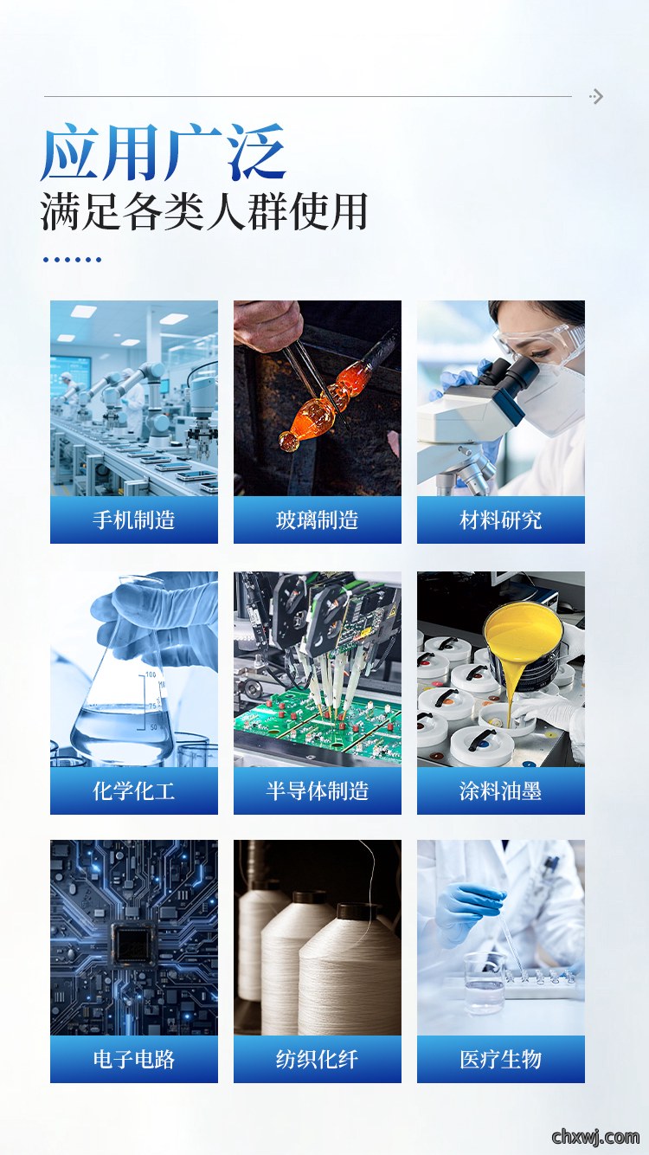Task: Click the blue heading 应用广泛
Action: click(x=164, y=152)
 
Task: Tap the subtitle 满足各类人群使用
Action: click(x=204, y=211)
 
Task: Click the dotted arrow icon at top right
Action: click(x=596, y=96)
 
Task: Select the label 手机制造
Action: click(x=134, y=519)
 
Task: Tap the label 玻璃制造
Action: click(x=317, y=519)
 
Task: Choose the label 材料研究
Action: click(x=500, y=519)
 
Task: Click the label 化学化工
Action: click(x=134, y=791)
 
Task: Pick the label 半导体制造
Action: click(x=317, y=791)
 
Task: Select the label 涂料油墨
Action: click(x=500, y=791)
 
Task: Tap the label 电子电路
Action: click(x=134, y=1060)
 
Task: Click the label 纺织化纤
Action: click(x=317, y=1060)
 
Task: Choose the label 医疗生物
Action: click(x=500, y=1060)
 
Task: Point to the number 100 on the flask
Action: click(x=151, y=674)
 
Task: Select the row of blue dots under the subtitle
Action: click(x=72, y=260)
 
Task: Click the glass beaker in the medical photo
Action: click(x=485, y=982)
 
